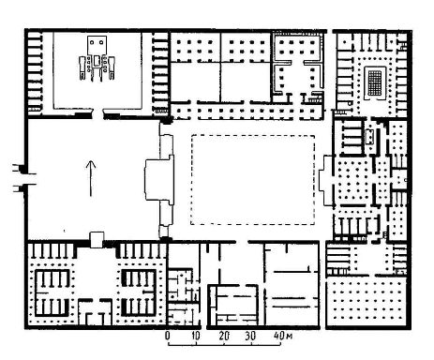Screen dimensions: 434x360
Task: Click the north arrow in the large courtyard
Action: [91, 178]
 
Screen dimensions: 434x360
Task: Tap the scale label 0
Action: [168, 336]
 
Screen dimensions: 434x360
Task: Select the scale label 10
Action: [196, 336]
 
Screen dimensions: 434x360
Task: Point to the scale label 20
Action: [224, 336]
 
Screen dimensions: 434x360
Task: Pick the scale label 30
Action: [250, 336]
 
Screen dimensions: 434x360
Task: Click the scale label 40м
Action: [283, 336]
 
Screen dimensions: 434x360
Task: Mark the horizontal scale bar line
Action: [224, 344]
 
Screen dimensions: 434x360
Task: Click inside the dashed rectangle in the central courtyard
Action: [252, 180]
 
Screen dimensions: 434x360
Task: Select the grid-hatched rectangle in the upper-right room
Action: [375, 82]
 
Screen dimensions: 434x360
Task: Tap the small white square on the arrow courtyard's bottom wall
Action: [97, 240]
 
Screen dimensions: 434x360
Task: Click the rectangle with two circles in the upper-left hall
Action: [97, 45]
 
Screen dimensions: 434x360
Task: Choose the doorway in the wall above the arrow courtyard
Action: [97, 114]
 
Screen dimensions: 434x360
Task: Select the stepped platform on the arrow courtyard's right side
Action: [159, 180]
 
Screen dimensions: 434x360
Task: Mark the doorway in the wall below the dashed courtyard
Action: [242, 242]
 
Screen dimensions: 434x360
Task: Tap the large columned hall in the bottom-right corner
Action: [367, 302]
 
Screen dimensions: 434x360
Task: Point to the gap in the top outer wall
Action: [330, 31]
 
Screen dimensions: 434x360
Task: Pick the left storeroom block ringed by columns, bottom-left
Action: [52, 292]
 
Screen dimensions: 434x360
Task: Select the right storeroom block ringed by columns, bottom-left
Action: [139, 292]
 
